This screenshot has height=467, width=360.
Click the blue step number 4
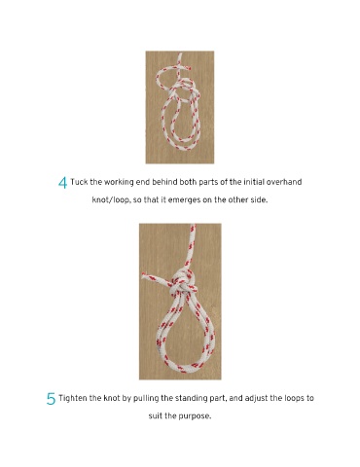(62, 183)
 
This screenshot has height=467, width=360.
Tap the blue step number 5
(51, 399)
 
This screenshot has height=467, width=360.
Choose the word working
(119, 182)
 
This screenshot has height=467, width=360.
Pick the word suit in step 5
(155, 415)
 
